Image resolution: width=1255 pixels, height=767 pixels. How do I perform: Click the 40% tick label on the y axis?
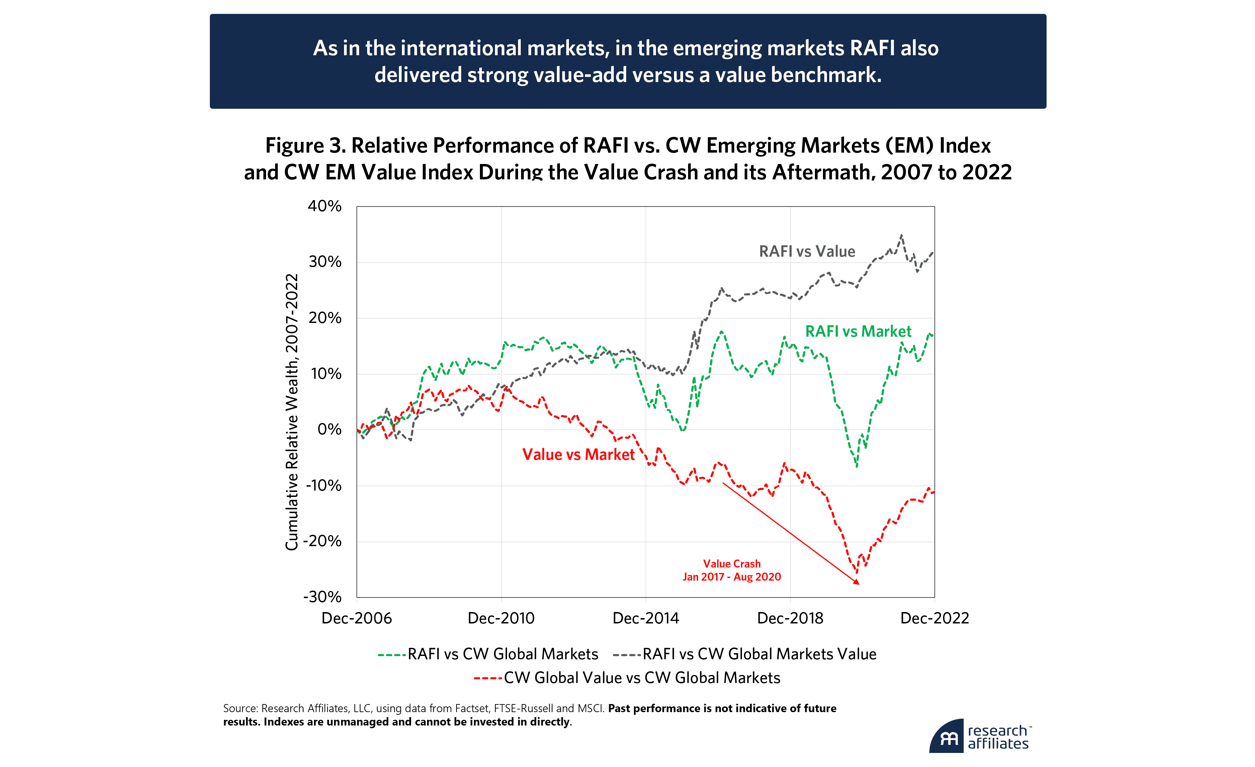324,206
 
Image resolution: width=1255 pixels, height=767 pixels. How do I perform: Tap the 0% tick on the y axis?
329,429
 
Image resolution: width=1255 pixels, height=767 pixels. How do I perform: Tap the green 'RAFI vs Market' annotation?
858,332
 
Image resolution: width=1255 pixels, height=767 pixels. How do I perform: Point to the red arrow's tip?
859,584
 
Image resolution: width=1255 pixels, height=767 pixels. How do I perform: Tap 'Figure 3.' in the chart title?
305,146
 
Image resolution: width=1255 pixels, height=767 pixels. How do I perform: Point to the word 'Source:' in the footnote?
240,708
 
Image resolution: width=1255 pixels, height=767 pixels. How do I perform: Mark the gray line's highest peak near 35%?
902,235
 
